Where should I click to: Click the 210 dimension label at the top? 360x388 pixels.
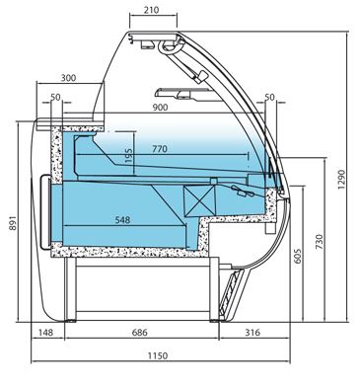[151, 10]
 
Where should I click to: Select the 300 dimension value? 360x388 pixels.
[68, 78]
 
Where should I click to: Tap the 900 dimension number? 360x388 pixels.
[160, 108]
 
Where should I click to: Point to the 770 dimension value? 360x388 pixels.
[160, 149]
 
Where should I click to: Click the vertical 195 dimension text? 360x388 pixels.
[129, 155]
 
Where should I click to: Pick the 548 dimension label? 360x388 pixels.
[123, 220]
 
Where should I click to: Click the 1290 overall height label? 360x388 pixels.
[342, 180]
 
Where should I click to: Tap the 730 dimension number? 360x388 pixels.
[320, 241]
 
